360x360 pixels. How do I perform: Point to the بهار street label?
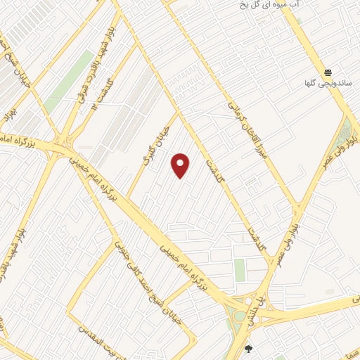(9, 112)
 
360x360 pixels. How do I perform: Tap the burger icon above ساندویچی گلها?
(328, 72)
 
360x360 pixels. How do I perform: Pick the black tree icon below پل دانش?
(247, 348)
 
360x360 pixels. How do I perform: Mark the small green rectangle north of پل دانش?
(240, 269)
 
